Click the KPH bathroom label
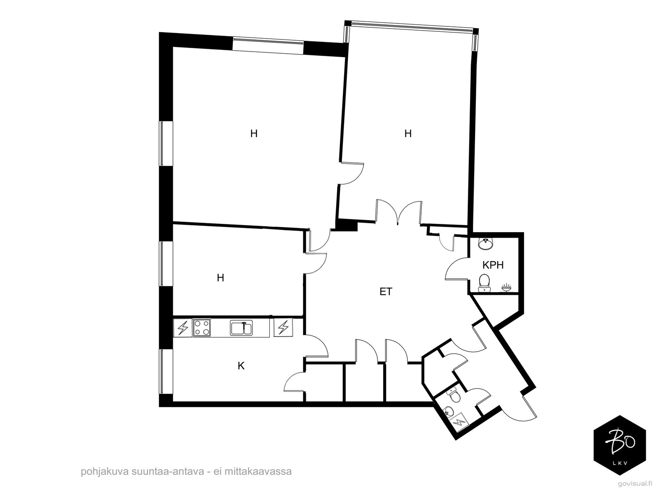point(493,265)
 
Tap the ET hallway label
point(386,292)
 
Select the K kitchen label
point(241,366)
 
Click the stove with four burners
point(201,328)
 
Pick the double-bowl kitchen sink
point(241,328)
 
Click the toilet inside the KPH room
point(484,282)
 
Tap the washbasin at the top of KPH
point(485,243)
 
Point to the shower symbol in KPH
point(507,287)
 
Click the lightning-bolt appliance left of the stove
point(183,328)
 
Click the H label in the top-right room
point(407,134)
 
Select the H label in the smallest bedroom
point(220,277)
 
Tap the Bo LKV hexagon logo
point(620,445)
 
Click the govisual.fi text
point(635,483)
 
